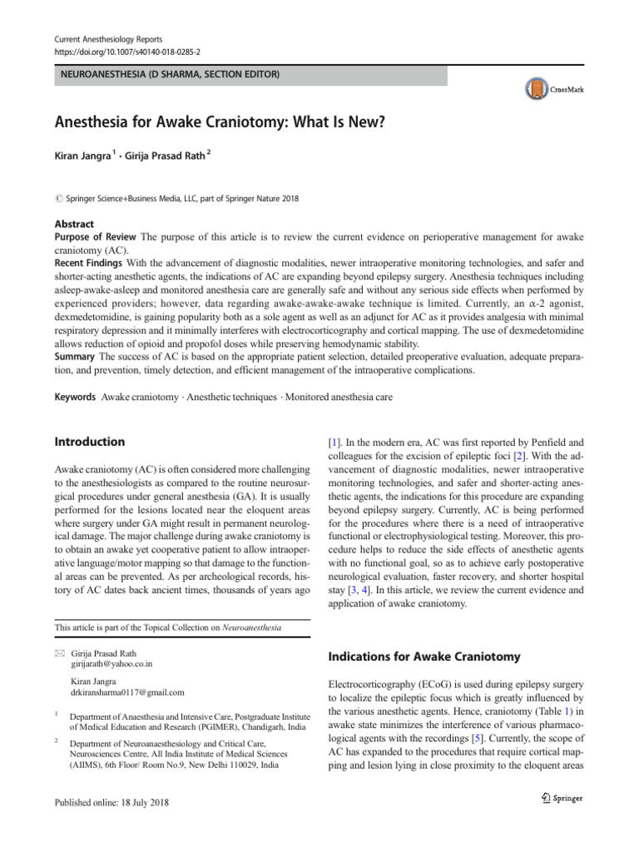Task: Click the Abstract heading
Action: [74, 225]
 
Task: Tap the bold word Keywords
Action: [76, 398]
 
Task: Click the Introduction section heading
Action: [90, 442]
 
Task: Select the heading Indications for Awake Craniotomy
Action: [425, 656]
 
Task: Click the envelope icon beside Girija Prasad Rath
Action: [59, 654]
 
